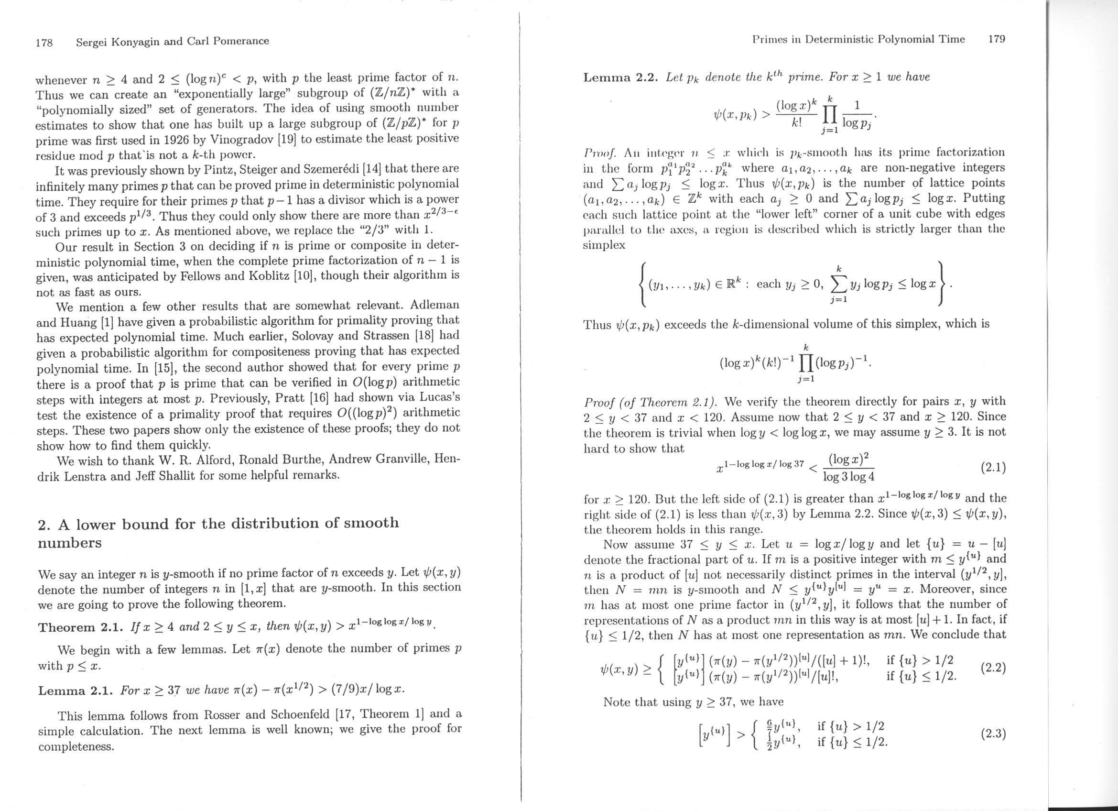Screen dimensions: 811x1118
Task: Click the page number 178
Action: (44, 42)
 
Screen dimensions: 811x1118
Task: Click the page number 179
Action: (996, 39)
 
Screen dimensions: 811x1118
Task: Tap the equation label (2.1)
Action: (992, 467)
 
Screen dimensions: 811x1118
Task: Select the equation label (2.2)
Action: (993, 668)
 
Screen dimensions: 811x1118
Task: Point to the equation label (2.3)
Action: (993, 734)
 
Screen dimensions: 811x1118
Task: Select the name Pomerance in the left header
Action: (239, 42)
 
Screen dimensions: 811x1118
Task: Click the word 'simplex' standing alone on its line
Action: (604, 245)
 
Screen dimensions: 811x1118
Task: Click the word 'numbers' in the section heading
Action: (69, 543)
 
